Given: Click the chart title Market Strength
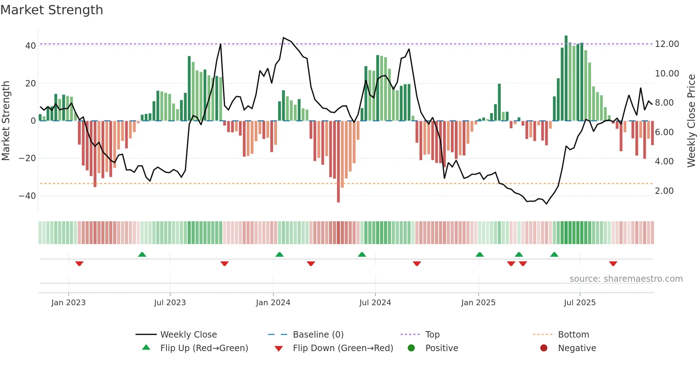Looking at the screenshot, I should (x=52, y=10).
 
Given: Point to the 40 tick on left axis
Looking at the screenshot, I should (x=30, y=46).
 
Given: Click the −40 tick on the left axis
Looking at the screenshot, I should (x=27, y=196).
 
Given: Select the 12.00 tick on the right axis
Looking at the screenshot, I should (x=667, y=44).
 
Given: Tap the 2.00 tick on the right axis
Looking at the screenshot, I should (x=664, y=191).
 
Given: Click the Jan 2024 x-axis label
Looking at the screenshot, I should (x=273, y=303).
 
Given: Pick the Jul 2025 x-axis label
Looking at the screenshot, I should (x=579, y=303).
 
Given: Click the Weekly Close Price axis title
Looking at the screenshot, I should (x=691, y=121).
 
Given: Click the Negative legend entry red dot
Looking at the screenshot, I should (x=543, y=348).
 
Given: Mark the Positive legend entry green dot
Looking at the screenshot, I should (x=411, y=348).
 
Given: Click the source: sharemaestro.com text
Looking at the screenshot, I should (x=626, y=279).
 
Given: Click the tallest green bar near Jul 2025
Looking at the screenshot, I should (x=566, y=78).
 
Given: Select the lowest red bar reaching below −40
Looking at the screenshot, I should (x=338, y=162).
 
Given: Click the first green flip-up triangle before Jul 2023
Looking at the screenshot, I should (x=142, y=254).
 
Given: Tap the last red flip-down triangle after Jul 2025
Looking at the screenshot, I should (x=613, y=264).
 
